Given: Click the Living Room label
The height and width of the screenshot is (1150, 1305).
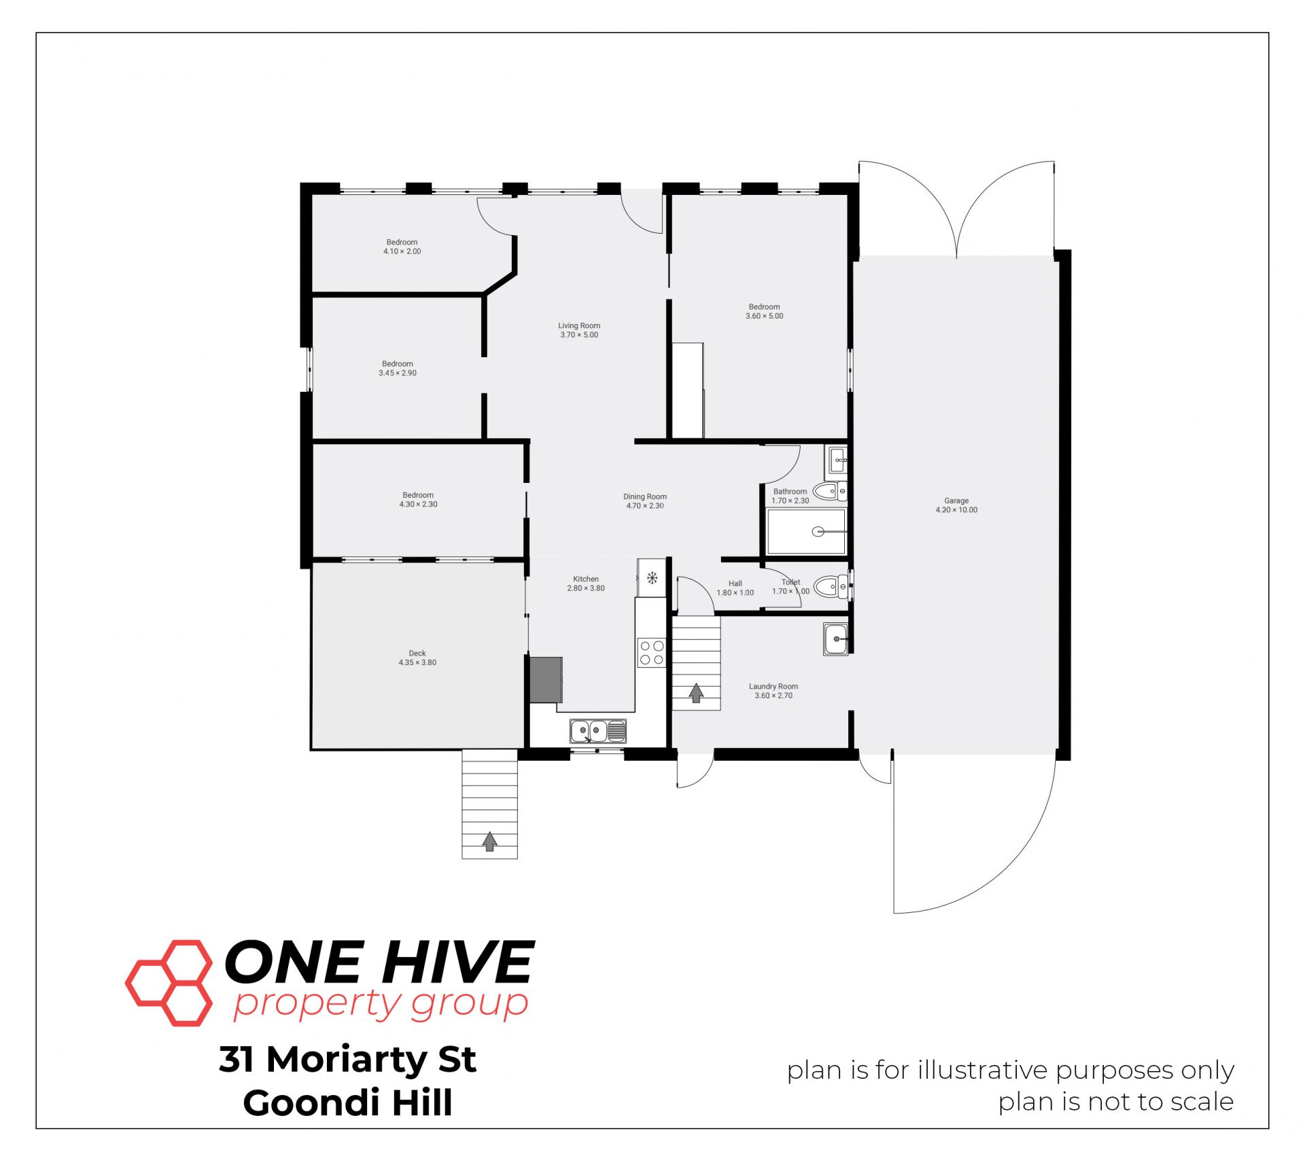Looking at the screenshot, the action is [579, 325].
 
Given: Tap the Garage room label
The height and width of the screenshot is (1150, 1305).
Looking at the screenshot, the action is [956, 501].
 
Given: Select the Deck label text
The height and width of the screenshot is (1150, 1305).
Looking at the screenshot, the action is [417, 653].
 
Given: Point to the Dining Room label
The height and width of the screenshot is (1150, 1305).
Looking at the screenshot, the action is [645, 497].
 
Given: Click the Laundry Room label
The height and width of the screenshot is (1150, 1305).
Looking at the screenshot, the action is [773, 686].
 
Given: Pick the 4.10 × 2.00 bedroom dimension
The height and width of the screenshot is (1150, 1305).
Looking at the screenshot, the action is [402, 251].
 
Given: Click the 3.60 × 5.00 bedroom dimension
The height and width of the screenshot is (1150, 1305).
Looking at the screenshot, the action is [765, 316].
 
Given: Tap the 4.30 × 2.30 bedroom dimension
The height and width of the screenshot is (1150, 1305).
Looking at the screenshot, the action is [418, 504].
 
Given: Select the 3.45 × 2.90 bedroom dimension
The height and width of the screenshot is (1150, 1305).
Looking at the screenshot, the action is [398, 373].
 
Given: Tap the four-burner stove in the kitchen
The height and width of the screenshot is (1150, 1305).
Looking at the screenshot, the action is [652, 653].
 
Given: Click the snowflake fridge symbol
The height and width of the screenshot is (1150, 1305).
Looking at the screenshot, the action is [652, 578].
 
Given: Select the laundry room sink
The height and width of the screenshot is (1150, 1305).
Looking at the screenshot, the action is [835, 639].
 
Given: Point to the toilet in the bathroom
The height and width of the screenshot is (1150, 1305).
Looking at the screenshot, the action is [830, 490].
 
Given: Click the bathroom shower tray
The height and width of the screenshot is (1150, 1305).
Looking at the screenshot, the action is [806, 531].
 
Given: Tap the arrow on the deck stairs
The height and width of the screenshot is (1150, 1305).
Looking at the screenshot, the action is [489, 842].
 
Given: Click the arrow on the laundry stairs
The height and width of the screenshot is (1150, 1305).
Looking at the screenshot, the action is [696, 692].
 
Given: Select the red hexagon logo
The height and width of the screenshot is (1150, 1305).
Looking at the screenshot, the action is [169, 983].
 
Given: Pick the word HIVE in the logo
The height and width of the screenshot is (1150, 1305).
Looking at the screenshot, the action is [457, 962].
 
